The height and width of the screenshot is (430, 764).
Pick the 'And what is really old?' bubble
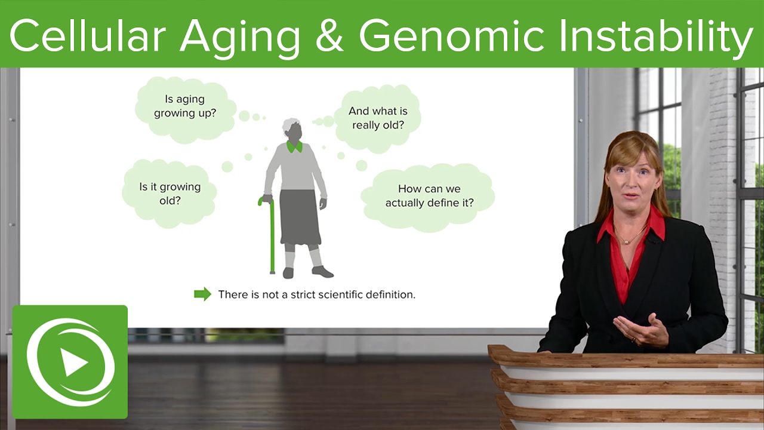point(378,118)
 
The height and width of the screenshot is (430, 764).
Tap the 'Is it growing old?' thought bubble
point(170,193)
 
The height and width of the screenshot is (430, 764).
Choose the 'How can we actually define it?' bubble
point(429,196)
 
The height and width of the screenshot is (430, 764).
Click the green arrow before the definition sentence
point(202,294)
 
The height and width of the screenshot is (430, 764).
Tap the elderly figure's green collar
point(294,146)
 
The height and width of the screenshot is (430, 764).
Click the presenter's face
point(632,183)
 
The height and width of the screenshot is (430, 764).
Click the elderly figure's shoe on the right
point(322,272)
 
